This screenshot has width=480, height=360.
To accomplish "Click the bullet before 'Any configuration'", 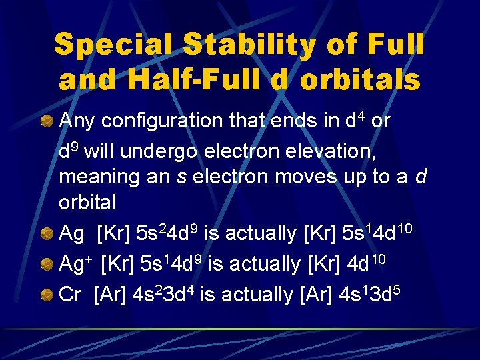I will [x=47, y=121].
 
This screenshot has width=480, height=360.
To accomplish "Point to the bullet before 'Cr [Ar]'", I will [x=47, y=293].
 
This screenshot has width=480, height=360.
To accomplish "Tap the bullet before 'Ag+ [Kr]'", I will [x=47, y=263].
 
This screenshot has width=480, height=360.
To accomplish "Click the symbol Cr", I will [x=69, y=293].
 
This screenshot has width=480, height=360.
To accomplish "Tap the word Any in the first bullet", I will [x=76, y=122].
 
